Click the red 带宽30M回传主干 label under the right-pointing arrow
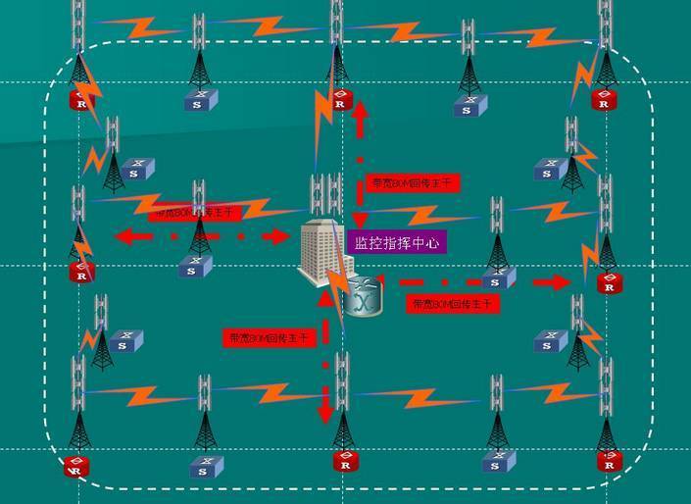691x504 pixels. coord(453,305)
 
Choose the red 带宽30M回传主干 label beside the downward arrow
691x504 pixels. coord(269,338)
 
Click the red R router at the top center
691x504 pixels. coord(339,99)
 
